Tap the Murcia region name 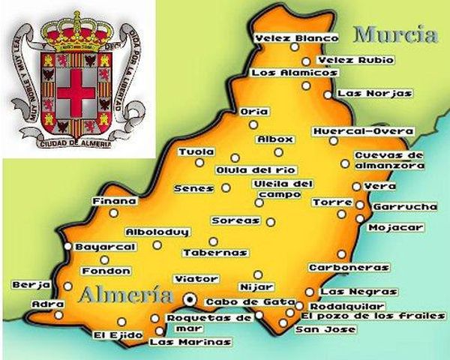[394, 34]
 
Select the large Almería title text [127, 294]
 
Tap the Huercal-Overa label [363, 130]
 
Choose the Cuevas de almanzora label [388, 160]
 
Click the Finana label [114, 201]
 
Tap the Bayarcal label [105, 246]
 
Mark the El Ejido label [111, 334]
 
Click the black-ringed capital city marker [190, 299]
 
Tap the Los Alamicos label [294, 73]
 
